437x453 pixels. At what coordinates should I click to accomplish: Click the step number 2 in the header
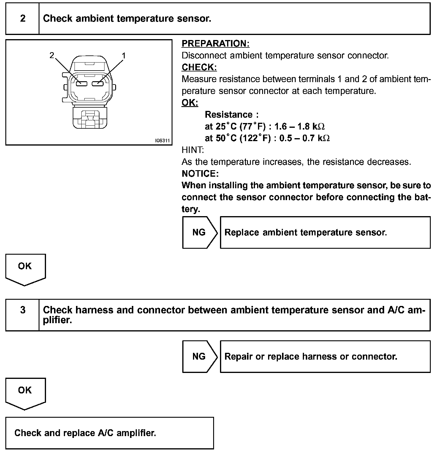click(23, 19)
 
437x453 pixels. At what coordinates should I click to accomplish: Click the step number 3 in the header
click(23, 310)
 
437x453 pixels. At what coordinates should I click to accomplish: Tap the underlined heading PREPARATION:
click(215, 44)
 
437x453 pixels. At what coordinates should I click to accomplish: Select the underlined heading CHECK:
click(199, 67)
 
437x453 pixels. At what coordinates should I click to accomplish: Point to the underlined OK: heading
click(190, 103)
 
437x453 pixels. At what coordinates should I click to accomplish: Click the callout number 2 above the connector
click(52, 55)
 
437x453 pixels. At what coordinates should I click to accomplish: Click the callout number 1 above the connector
click(124, 55)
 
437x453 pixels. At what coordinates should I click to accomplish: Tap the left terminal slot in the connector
click(81, 84)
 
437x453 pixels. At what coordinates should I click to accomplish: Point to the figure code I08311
click(162, 141)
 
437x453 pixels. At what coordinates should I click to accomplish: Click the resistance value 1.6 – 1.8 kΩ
click(299, 127)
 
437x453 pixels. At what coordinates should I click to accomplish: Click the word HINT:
click(193, 150)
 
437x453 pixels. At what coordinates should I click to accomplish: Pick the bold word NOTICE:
click(200, 173)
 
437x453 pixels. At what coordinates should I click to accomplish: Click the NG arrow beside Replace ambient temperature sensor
click(199, 232)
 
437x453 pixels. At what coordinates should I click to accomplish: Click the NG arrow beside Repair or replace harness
click(199, 356)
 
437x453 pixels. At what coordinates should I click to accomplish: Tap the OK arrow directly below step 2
click(25, 268)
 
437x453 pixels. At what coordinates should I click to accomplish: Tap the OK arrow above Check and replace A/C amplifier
click(25, 392)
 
